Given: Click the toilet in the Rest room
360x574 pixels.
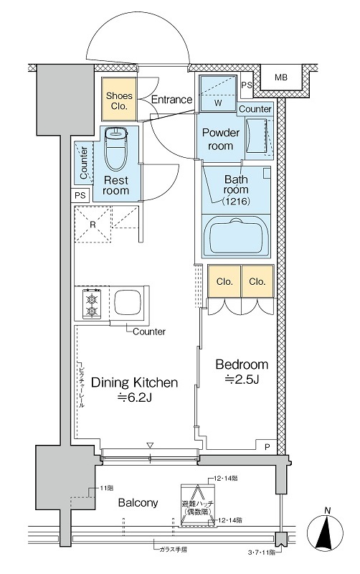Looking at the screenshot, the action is click(115, 149).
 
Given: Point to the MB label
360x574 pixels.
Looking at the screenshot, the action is click(281, 77).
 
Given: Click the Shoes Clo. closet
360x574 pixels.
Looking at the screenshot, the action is click(119, 99).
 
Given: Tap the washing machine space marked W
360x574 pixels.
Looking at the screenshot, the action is click(218, 93).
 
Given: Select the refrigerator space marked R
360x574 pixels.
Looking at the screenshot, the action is click(93, 224).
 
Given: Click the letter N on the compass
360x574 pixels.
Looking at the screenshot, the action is click(328, 510).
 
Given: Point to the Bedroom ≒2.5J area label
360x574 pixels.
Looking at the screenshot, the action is click(242, 371).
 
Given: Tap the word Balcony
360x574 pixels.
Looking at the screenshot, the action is click(138, 503).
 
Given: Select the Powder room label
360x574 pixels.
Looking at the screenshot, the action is click(221, 138).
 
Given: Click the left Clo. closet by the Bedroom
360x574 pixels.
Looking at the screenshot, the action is click(224, 281).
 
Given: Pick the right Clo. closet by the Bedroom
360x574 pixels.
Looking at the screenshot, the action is click(257, 281).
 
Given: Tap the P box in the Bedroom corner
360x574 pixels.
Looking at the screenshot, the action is click(267, 446).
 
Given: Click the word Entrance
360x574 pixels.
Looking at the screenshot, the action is click(171, 99).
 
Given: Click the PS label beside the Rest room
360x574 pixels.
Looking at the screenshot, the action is click(80, 195).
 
